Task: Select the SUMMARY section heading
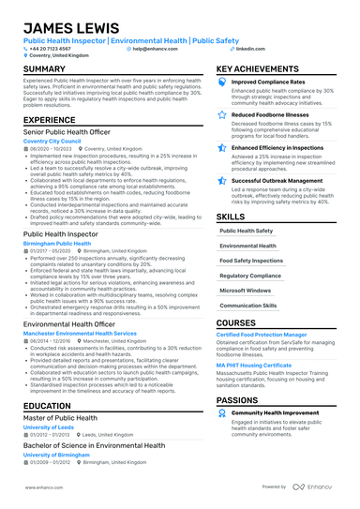coord(45,69)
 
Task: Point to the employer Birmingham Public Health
coord(57,242)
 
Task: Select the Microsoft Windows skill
coord(246,291)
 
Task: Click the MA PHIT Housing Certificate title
coord(254,365)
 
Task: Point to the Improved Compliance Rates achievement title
coord(271,82)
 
